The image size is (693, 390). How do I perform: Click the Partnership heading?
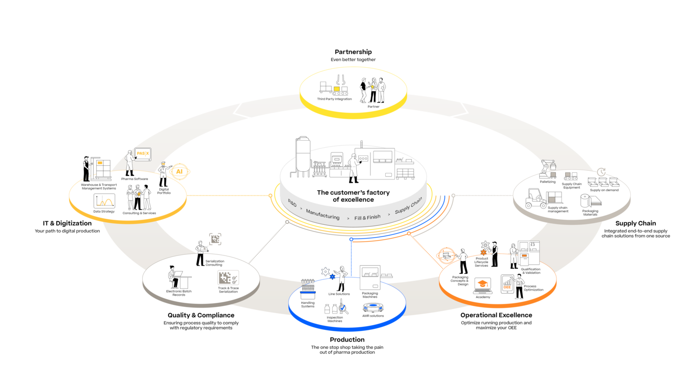[353, 52]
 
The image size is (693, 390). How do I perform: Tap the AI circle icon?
[179, 171]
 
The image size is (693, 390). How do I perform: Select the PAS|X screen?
[143, 154]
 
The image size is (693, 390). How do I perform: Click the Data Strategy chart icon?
[104, 200]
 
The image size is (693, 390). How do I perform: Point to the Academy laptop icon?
[483, 286]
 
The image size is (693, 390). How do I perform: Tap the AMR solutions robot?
[373, 308]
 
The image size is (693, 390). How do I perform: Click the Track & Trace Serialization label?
[228, 290]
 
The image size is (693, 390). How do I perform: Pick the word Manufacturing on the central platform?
[323, 214]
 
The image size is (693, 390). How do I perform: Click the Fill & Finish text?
[367, 217]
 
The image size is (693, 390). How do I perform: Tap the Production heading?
[347, 340]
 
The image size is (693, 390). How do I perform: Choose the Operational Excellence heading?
[496, 315]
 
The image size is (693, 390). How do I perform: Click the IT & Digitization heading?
[67, 223]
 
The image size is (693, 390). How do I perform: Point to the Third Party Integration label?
[334, 99]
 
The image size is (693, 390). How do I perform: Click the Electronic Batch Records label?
[179, 293]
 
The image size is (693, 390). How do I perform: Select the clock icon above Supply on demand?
[601, 172]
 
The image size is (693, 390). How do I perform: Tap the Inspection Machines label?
[335, 319]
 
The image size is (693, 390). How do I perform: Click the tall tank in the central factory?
[302, 157]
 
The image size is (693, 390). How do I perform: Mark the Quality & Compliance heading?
[201, 315]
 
